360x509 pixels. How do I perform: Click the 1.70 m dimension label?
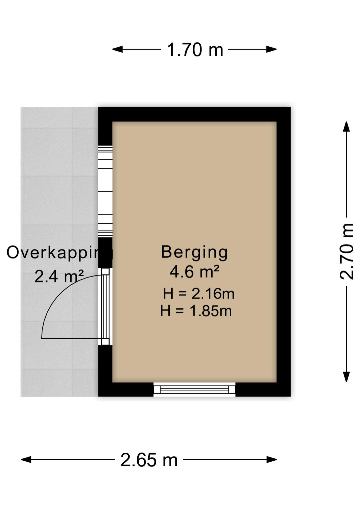coord(195,50)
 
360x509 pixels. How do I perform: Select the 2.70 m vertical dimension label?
coord(347,251)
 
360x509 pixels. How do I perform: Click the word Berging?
coord(194,253)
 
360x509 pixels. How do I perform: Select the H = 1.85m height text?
coord(196,311)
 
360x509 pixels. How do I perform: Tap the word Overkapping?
coord(60,253)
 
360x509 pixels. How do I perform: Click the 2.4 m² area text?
coord(59,277)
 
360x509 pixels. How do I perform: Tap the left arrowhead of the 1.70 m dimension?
coord(117,49)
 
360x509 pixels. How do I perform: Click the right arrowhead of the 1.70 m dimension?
coord(271,49)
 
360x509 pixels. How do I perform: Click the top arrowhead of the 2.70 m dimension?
coord(346,126)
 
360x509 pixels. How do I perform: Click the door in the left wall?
coord(105,307)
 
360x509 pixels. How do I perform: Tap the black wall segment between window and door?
coord(105,252)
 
